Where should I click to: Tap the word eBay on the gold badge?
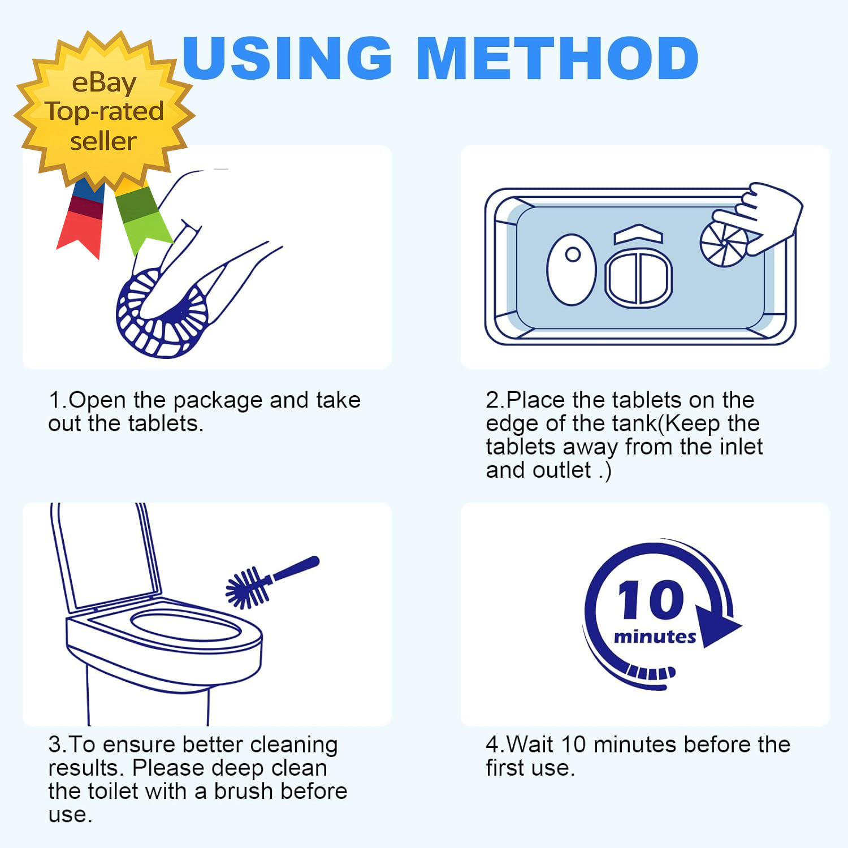click(104, 83)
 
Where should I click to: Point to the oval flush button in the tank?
click(572, 270)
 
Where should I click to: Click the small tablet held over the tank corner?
click(724, 243)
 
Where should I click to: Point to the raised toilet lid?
click(105, 557)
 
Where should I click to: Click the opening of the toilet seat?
click(186, 625)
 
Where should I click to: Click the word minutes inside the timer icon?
click(655, 637)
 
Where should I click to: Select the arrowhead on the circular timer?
click(717, 625)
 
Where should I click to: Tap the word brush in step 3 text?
click(244, 791)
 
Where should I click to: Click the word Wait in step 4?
click(529, 745)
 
